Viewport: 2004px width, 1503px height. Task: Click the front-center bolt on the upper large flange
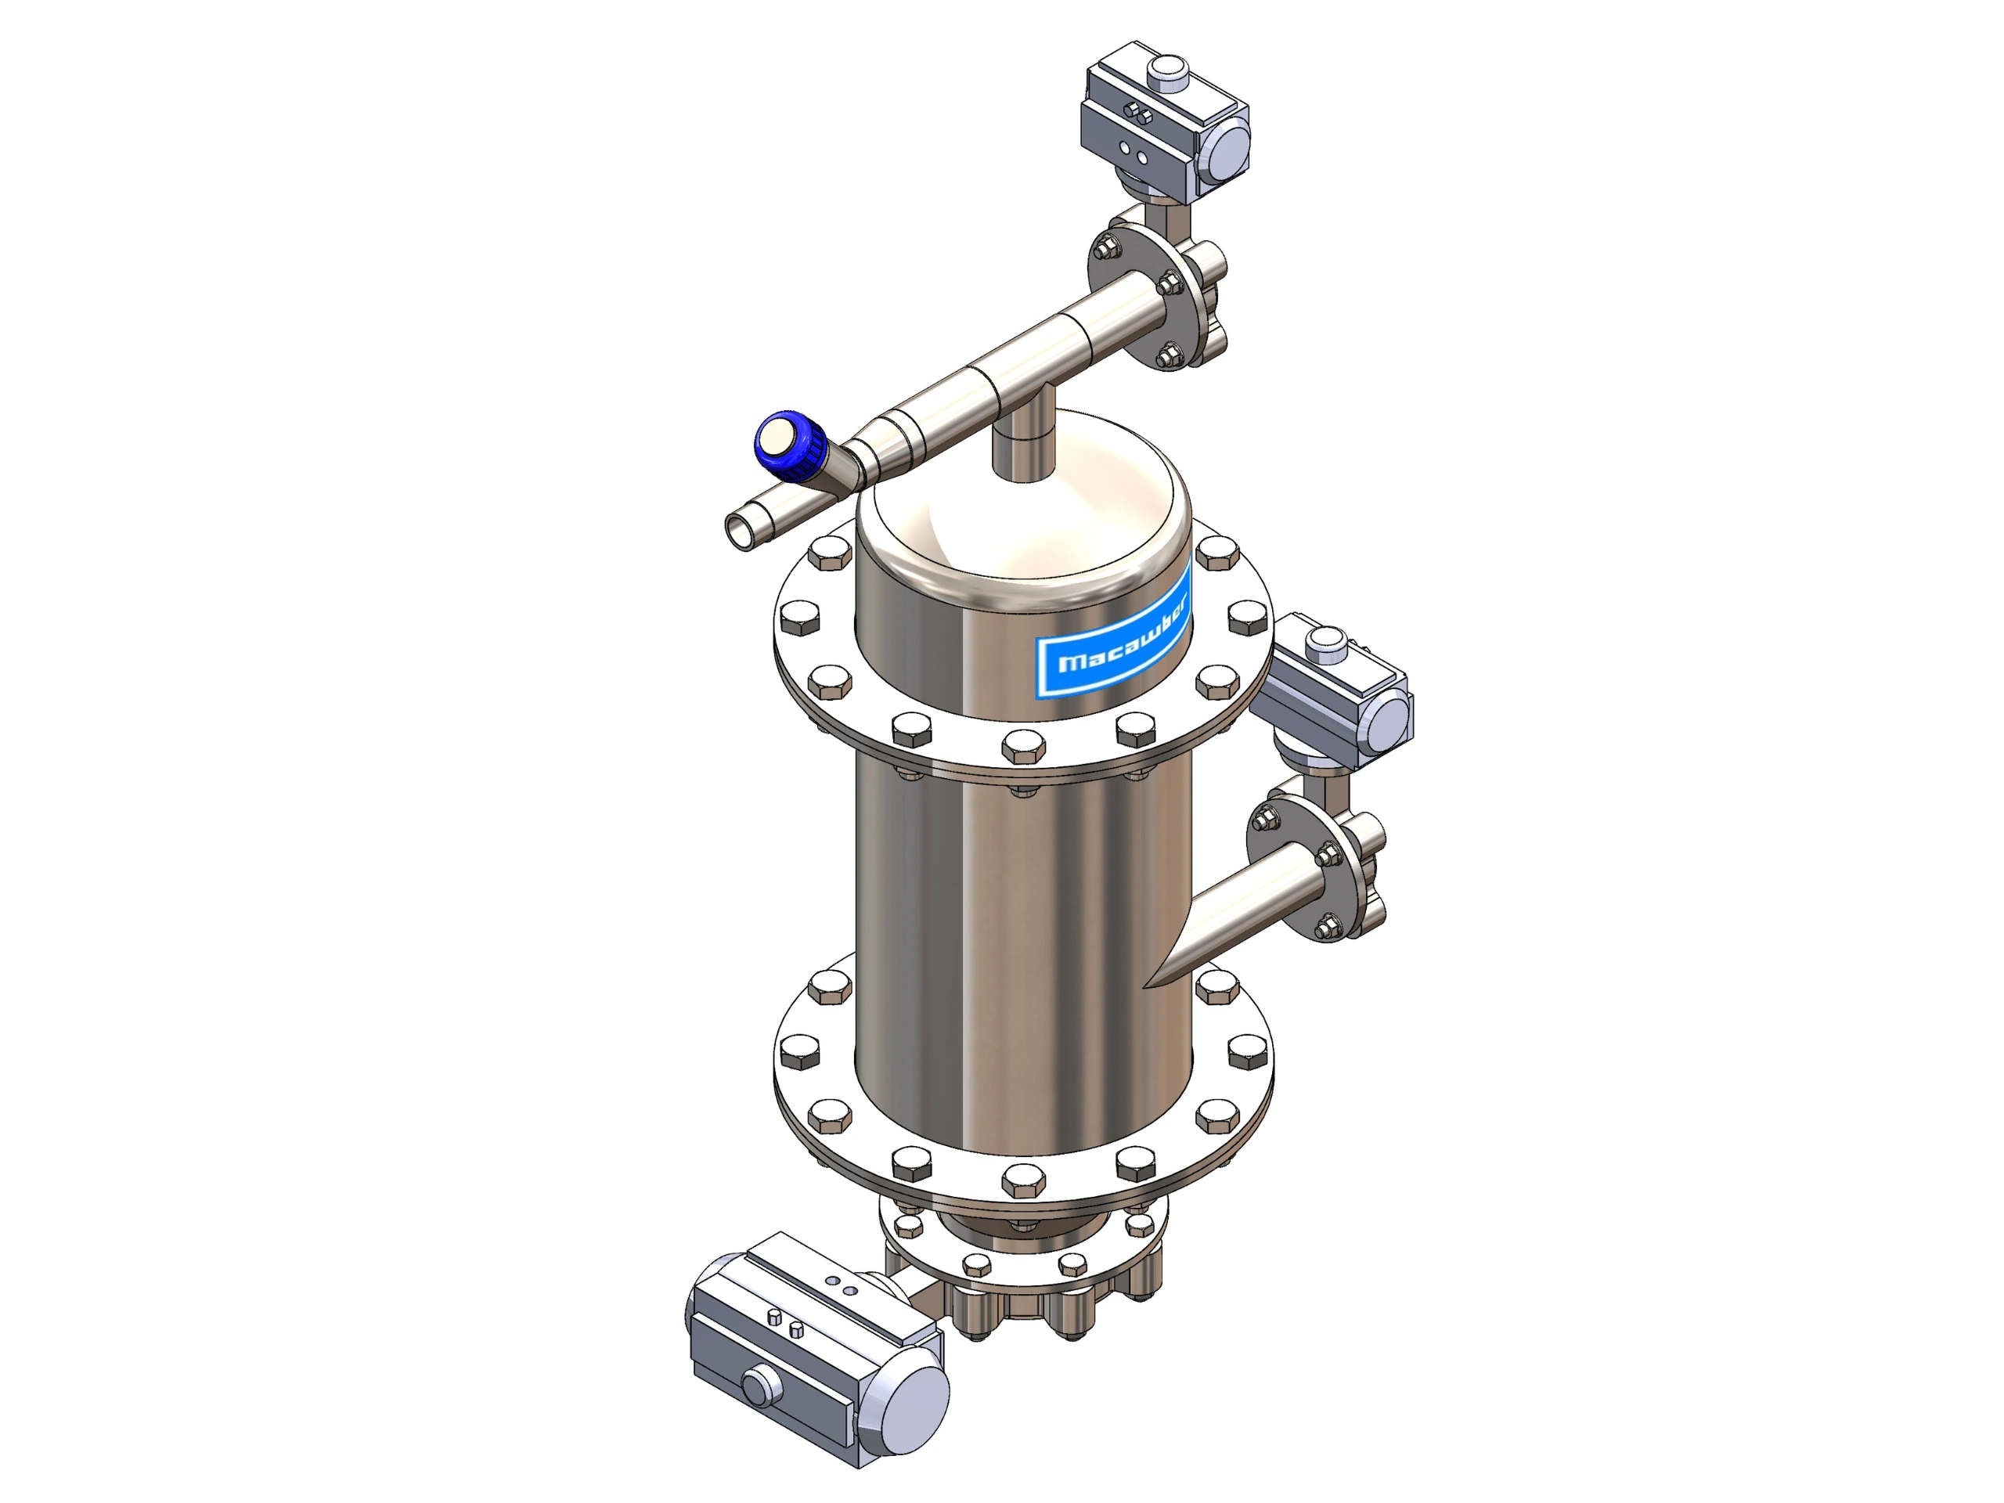1024,748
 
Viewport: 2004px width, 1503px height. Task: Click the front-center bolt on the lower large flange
1024,1180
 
